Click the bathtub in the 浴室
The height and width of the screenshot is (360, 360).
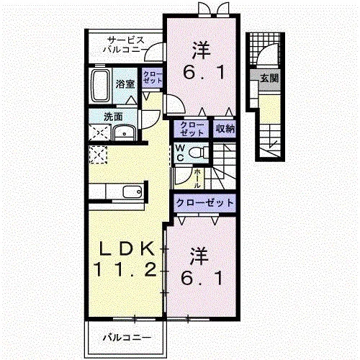pos(101,85)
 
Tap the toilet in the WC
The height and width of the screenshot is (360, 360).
pos(199,153)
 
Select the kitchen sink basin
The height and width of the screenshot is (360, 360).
pos(132,192)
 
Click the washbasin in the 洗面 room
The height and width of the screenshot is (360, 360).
pos(125,132)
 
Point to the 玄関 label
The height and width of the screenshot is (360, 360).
pos(270,78)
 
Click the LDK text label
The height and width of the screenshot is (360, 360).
pos(127,249)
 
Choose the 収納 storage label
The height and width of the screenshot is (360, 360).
pos(225,129)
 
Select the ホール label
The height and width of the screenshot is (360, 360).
pos(197,179)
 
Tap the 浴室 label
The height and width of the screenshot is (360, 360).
pos(125,84)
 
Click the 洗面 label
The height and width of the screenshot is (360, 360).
pos(113,117)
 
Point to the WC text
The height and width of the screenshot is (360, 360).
pos(180,153)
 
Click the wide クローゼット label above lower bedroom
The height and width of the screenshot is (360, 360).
pos(204,203)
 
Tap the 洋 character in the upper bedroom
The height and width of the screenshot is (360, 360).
pos(202,50)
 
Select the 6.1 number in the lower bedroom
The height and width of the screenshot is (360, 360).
pos(202,278)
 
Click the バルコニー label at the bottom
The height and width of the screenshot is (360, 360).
pos(127,338)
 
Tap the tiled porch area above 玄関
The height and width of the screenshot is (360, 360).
pos(264,49)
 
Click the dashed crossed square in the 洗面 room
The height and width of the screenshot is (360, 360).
pos(99,132)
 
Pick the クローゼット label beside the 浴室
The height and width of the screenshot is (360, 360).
pos(153,77)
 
